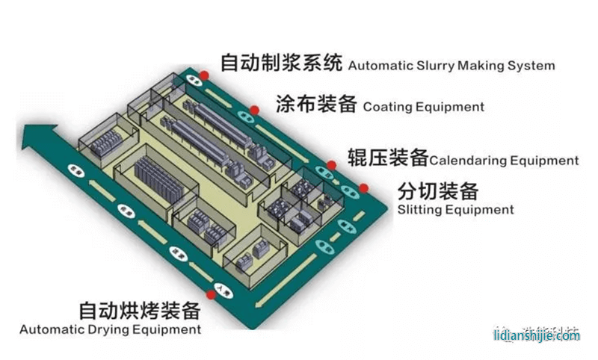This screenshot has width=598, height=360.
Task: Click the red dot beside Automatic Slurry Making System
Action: click(204, 75)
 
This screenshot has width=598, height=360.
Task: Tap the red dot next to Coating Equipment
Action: click(255, 110)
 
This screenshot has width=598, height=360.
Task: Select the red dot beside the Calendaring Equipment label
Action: click(330, 164)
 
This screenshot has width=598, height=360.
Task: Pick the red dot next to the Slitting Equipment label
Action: click(363, 187)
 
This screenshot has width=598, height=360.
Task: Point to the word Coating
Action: click(387, 107)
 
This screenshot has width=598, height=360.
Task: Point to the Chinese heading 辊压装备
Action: click(387, 158)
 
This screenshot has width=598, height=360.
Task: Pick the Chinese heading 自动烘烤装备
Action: click(140, 309)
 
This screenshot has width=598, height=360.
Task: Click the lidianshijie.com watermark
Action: click(537, 336)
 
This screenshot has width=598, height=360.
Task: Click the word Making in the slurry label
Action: click(479, 66)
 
